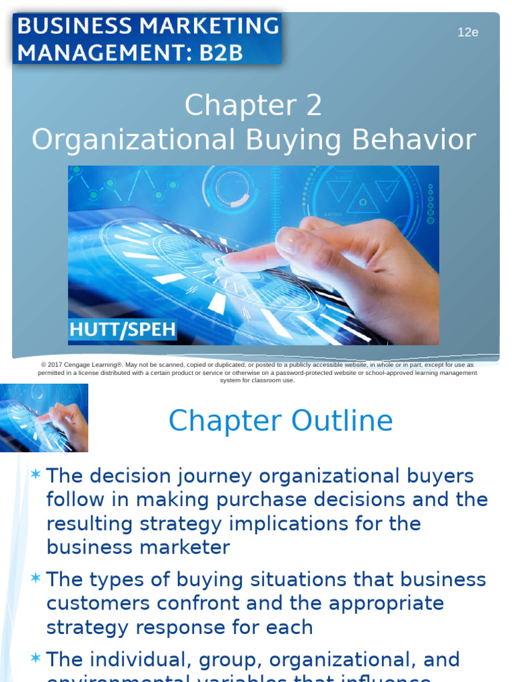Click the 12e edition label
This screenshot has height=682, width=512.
click(468, 32)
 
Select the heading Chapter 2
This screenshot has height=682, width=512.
click(253, 106)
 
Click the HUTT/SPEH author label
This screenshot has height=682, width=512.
click(123, 329)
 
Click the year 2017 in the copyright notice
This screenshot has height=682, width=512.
click(59, 365)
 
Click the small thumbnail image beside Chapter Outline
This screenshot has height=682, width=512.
click(44, 418)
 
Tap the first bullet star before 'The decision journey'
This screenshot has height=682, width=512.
click(35, 475)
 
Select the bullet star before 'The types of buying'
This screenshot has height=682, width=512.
click(35, 578)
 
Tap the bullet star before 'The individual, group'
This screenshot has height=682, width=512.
click(35, 659)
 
